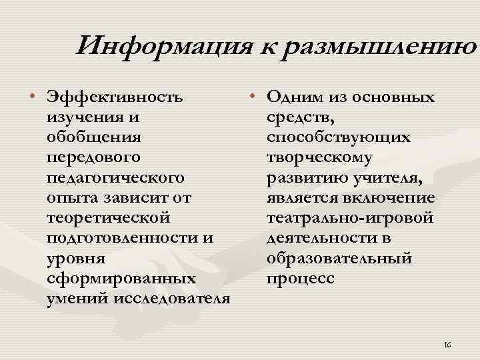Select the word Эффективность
click(x=113, y=98)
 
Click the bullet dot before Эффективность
click(x=31, y=99)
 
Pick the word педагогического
click(x=115, y=179)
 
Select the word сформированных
click(x=121, y=278)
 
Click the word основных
click(x=397, y=98)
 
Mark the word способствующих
click(x=338, y=138)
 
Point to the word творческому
click(x=319, y=158)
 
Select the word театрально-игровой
click(x=349, y=218)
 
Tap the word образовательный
click(x=339, y=258)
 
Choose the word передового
click(x=93, y=158)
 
